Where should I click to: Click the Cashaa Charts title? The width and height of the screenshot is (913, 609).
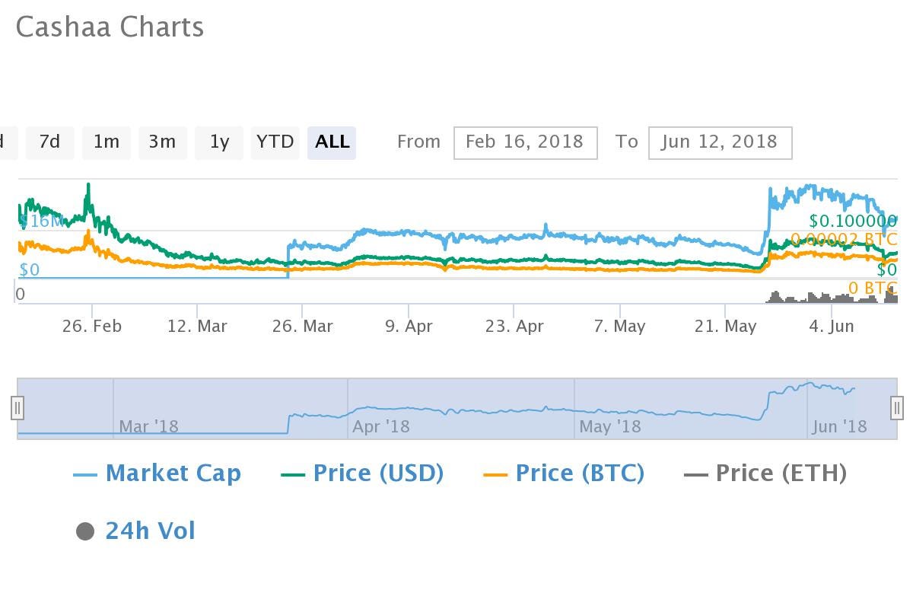click(110, 27)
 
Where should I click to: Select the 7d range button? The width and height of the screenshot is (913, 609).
click(49, 142)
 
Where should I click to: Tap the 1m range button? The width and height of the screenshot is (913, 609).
click(106, 142)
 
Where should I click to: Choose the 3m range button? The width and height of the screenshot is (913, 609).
click(162, 142)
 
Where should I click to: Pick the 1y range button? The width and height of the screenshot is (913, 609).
click(219, 142)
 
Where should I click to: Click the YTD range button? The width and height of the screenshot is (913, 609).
click(275, 142)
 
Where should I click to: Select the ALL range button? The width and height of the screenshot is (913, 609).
click(332, 142)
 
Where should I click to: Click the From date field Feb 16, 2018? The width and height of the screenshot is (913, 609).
click(525, 142)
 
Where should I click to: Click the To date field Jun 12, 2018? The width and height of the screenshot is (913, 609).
click(720, 142)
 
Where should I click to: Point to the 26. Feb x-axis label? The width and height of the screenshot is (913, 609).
click(92, 327)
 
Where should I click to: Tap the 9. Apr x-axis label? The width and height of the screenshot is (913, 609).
click(409, 327)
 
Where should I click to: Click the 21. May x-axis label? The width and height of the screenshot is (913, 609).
click(725, 327)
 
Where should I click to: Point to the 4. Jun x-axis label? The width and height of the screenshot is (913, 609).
click(831, 327)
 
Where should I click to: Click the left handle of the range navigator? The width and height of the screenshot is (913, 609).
click(17, 408)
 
